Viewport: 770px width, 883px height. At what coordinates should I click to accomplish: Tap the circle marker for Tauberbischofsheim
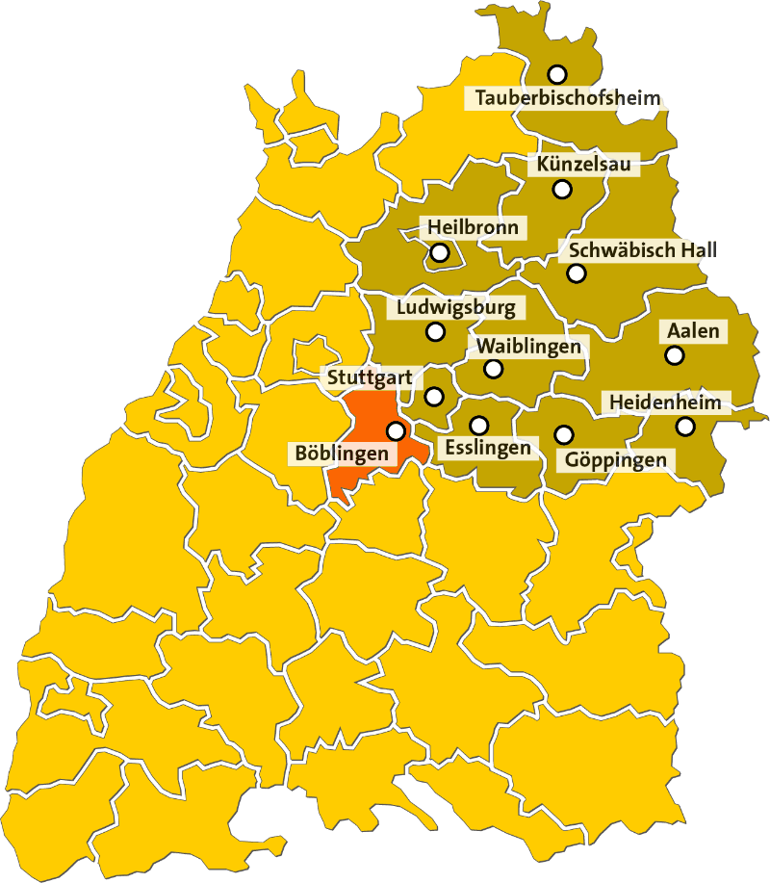point(556,73)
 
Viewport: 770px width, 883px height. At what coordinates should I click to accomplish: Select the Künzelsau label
point(584,165)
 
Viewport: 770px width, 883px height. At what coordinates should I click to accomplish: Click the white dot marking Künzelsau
point(563,189)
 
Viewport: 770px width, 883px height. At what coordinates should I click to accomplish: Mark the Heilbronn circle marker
point(440,253)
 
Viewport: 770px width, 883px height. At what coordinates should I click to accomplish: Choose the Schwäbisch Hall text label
point(643,249)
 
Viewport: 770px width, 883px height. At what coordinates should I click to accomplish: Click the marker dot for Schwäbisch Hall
point(576,273)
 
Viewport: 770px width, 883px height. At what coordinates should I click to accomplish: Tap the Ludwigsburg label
point(456,308)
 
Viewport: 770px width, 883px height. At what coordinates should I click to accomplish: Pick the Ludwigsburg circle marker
point(435,332)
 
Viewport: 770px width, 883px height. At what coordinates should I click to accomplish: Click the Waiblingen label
point(528,346)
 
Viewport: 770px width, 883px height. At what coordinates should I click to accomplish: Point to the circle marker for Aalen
point(674,355)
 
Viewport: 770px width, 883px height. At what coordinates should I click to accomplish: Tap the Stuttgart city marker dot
point(434,396)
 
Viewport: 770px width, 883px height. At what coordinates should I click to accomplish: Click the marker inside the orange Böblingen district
point(396,430)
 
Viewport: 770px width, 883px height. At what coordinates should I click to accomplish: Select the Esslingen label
point(487,448)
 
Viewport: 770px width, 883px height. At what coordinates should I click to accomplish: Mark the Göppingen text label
point(616,459)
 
